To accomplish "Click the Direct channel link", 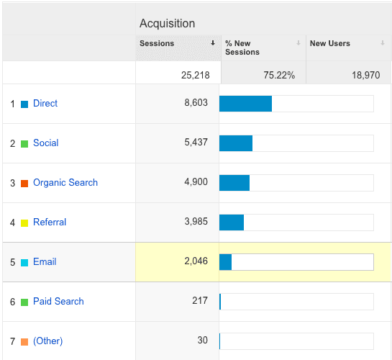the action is pos(45,104).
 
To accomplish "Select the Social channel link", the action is pos(46,143).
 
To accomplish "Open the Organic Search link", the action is pos(65,183).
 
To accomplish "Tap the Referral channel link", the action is pos(50,222).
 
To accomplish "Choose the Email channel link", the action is pos(45,261).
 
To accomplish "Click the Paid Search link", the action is pos(58,301).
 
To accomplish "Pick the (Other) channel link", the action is pos(47,341).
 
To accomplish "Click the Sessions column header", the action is pos(157,43).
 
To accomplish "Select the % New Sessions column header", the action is pos(242,48).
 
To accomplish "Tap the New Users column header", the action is pos(330,43).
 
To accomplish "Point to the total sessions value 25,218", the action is pos(195,75).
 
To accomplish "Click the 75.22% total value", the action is pos(279,75).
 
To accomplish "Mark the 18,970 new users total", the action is pos(366,75).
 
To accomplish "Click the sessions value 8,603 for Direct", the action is pos(196,102).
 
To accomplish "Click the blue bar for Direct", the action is pos(245,104).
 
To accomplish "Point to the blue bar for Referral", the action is pos(232,222).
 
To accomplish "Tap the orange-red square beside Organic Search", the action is pos(24,184).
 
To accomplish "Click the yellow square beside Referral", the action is pos(24,223).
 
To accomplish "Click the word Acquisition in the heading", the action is pos(168,23).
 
